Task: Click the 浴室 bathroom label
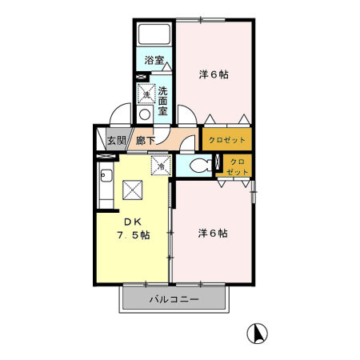(154, 60)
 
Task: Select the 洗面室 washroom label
(162, 101)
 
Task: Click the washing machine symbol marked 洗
(146, 94)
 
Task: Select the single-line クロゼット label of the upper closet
(227, 140)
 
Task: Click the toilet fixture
(203, 166)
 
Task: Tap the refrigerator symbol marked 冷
(160, 166)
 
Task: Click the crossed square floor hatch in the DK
(132, 190)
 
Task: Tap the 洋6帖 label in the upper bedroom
(214, 74)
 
